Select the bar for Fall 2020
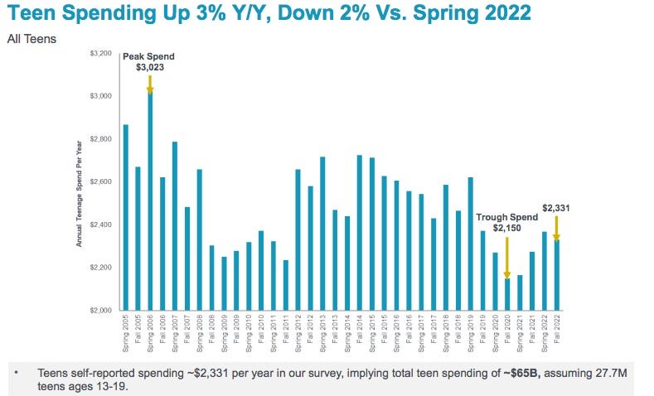pyautogui.click(x=506, y=294)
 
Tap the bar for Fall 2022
pyautogui.click(x=555, y=274)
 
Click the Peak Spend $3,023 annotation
pyautogui.click(x=149, y=62)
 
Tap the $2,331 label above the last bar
pyautogui.click(x=555, y=208)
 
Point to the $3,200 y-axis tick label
pyautogui.click(x=99, y=53)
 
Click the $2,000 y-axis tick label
pyautogui.click(x=99, y=311)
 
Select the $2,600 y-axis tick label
pyautogui.click(x=99, y=181)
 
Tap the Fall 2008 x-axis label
pyautogui.click(x=212, y=331)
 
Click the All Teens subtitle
pyautogui.click(x=31, y=38)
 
